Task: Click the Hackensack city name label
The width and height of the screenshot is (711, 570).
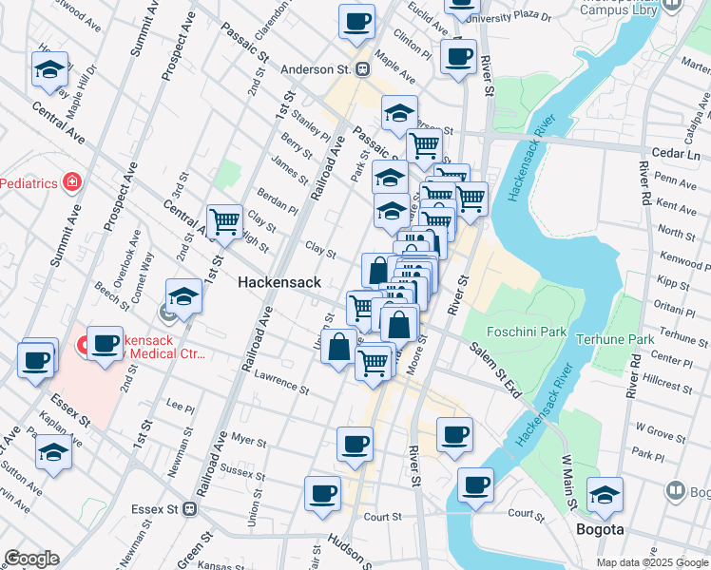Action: (279, 282)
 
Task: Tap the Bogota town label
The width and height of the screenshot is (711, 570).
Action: (600, 529)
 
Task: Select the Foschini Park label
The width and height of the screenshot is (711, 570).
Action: (526, 332)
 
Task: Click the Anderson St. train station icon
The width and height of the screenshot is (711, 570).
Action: (362, 69)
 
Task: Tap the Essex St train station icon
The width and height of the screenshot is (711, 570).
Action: (189, 508)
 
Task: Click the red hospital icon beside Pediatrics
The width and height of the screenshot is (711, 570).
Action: (70, 180)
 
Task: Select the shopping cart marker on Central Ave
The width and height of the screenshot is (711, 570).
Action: (224, 221)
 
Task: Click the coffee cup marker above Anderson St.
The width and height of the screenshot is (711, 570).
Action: (356, 21)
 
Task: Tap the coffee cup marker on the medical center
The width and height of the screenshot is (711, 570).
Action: (106, 343)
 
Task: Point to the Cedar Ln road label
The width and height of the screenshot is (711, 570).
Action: (676, 152)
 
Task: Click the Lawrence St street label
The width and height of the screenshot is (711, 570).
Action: (281, 382)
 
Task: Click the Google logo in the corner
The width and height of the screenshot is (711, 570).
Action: (31, 559)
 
